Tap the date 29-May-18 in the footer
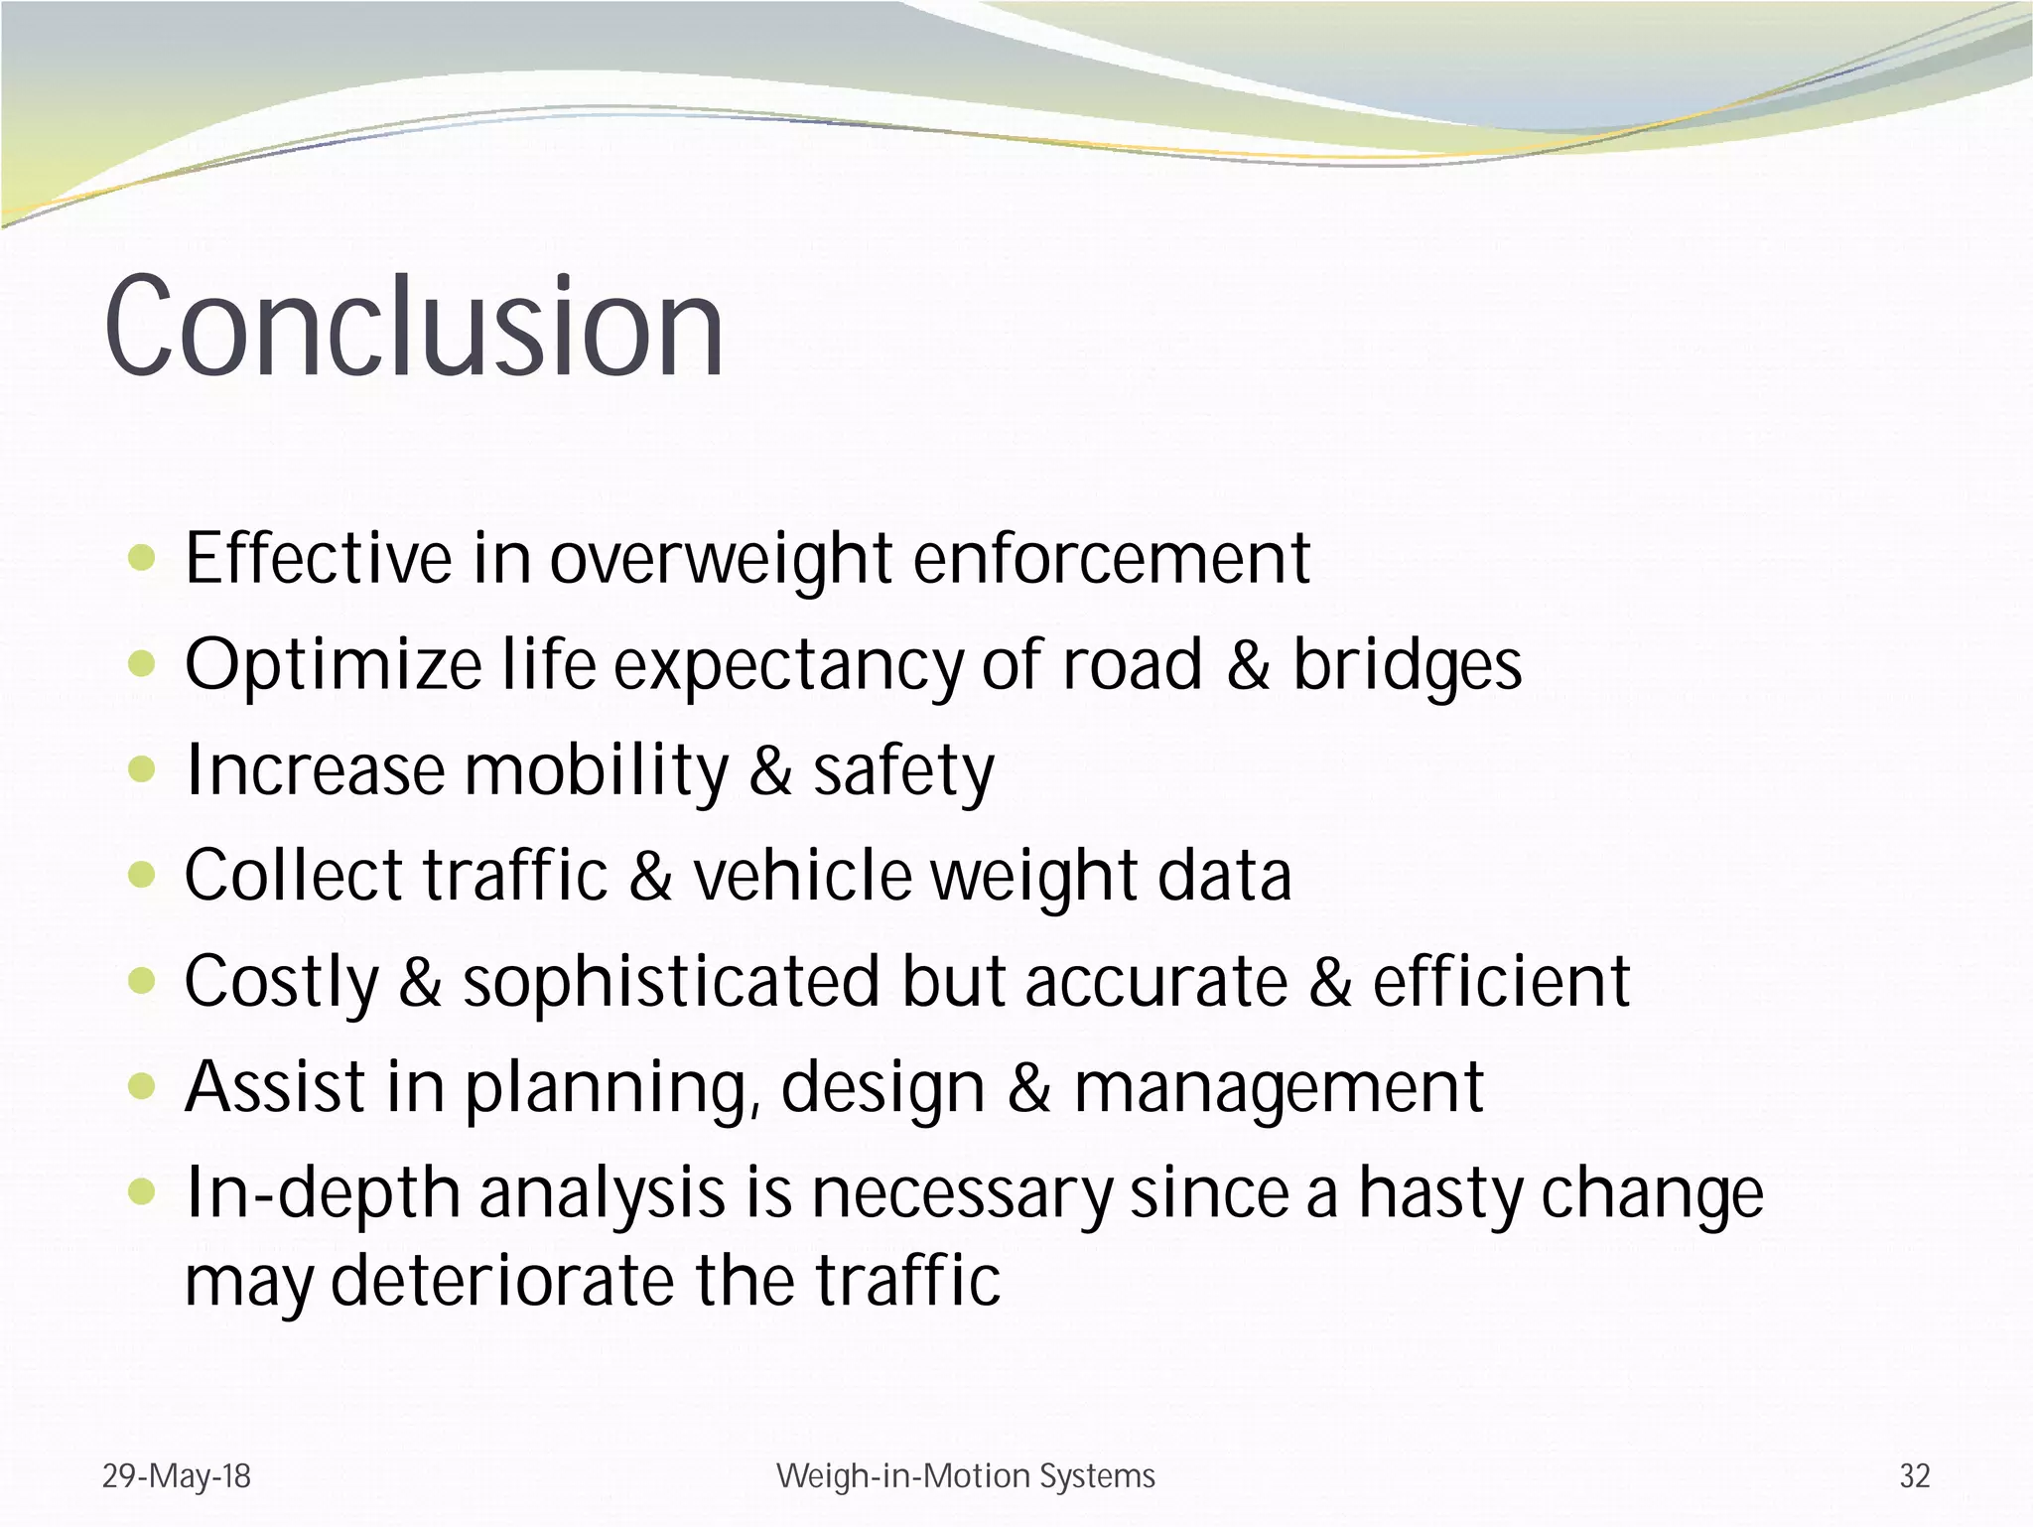177,1475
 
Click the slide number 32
1915,1475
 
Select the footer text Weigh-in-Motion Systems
965,1475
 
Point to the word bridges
1407,665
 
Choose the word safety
903,771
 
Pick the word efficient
1501,982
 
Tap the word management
1279,1088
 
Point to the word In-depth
323,1194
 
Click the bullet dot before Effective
143,559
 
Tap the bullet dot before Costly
143,981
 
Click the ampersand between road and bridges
1248,665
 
